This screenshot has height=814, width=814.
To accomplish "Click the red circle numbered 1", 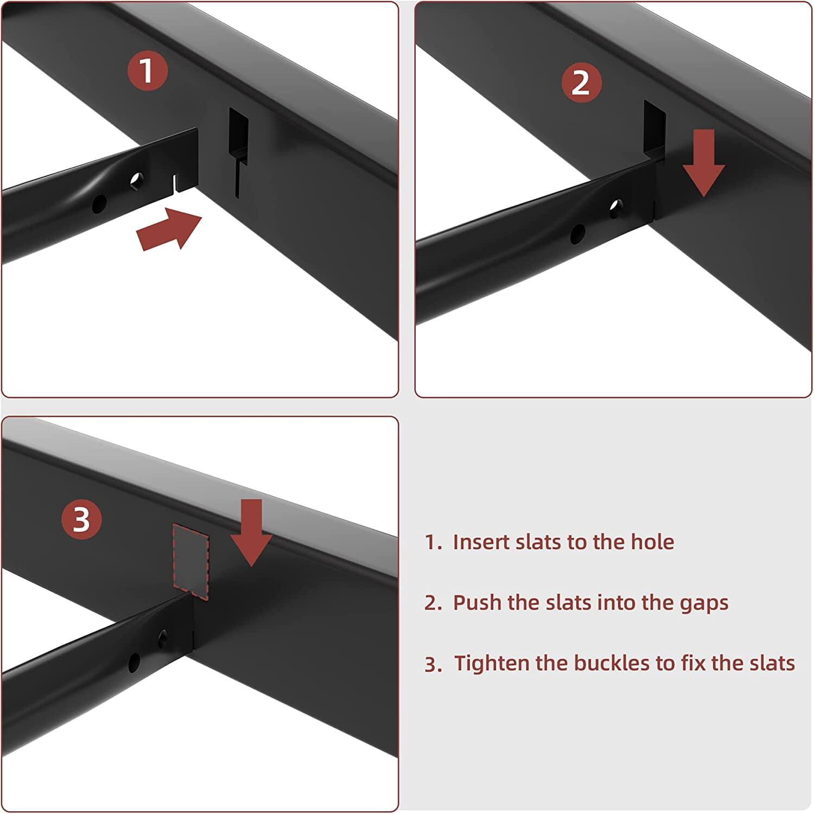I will (x=147, y=71).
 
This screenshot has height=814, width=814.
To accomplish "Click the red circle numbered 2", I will (x=581, y=82).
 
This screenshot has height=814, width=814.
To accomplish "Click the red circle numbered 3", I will (x=81, y=519).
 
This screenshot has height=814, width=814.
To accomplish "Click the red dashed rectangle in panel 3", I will (x=190, y=562).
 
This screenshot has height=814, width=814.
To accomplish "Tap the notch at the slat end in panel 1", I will (x=175, y=182).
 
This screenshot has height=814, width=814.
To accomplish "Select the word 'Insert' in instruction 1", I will (x=479, y=542).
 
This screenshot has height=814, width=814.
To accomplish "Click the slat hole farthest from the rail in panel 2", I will (x=577, y=233).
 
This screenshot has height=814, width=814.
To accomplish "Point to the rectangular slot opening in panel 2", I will (x=654, y=127).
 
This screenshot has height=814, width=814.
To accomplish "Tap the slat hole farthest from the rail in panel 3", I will (x=133, y=661).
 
